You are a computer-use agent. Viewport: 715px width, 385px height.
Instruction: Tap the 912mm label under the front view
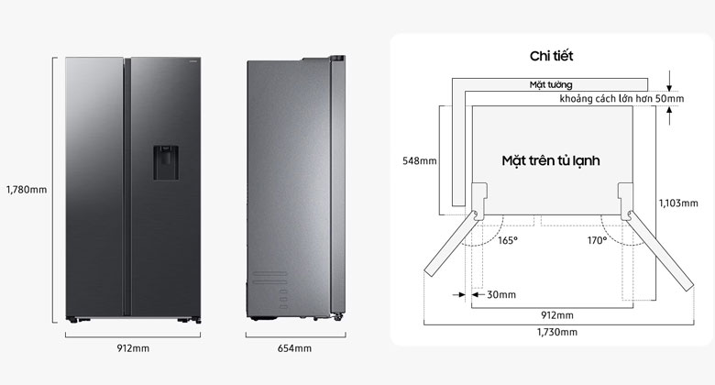click(134, 348)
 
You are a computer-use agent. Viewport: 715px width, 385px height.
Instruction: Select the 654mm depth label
click(294, 348)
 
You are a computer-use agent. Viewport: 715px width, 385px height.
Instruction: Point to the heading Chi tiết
click(551, 57)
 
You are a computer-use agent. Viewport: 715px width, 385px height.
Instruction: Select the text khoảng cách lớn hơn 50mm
click(621, 98)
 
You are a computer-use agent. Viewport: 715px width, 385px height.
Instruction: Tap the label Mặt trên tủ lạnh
click(550, 160)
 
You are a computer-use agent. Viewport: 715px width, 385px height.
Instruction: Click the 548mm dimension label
click(420, 160)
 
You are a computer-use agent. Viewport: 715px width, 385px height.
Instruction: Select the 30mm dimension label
click(500, 294)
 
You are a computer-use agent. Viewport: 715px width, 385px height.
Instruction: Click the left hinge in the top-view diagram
click(478, 202)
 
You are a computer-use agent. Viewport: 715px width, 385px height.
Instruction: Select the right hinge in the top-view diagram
click(627, 202)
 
